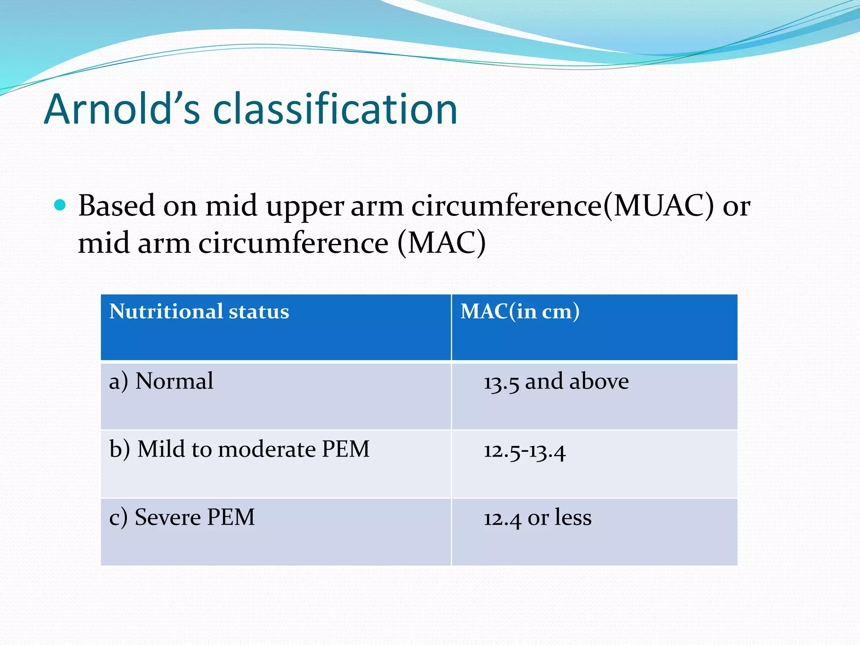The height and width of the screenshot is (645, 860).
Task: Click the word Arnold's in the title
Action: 122,109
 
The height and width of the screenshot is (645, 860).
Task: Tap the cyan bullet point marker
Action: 60,205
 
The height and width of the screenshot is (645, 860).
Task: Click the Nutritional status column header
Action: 199,312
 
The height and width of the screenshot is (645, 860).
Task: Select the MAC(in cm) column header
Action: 520,312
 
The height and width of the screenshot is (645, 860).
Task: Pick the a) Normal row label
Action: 161,381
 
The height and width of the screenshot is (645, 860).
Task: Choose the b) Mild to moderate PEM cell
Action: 239,449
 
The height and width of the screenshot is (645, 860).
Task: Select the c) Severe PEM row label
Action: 182,517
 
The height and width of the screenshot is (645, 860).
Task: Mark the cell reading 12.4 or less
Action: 537,518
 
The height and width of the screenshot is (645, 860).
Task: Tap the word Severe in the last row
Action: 168,517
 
